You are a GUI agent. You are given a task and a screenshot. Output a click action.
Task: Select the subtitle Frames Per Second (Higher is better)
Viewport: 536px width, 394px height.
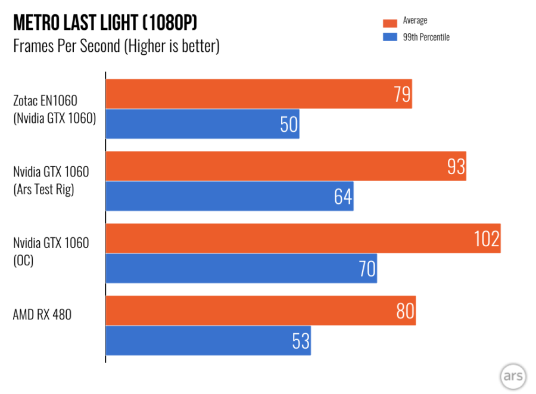pos(116,46)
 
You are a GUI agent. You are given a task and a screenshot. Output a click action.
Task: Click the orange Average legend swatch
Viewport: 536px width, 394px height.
pos(390,23)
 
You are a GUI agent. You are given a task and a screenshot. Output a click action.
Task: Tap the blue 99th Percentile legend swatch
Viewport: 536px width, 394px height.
pos(390,38)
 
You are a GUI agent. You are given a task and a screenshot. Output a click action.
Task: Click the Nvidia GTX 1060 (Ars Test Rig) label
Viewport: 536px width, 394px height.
pos(51,181)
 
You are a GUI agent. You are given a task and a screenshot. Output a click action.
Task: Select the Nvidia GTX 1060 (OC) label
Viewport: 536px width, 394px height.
pos(51,253)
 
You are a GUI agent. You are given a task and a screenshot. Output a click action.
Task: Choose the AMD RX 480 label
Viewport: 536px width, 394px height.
pos(42,314)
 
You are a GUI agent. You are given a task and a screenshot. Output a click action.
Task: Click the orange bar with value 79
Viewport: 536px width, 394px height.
pos(258,94)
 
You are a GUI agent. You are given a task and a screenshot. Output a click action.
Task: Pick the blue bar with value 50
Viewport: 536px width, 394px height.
pos(202,124)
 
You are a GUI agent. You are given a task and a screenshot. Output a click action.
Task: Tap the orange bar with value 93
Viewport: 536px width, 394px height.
pos(286,166)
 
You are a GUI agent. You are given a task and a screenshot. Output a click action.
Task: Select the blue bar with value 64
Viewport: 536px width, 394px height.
pos(229,196)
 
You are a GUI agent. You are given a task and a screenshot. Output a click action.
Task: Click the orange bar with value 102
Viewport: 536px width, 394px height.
pos(303,238)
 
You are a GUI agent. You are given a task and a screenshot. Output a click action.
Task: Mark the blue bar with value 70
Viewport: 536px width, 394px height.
pos(241,268)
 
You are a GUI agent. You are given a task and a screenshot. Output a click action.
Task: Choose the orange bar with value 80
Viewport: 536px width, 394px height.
pos(260,311)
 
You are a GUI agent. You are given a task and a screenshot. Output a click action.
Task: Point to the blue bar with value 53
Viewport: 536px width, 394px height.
pos(208,340)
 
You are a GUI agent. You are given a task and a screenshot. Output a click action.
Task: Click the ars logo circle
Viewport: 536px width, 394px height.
pos(513,376)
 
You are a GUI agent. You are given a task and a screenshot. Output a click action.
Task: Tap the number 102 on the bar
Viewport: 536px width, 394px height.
pos(487,239)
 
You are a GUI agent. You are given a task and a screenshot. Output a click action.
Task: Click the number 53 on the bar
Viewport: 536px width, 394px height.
pos(301,341)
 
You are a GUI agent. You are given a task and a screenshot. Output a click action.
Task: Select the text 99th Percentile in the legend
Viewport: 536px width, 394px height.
pos(426,38)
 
